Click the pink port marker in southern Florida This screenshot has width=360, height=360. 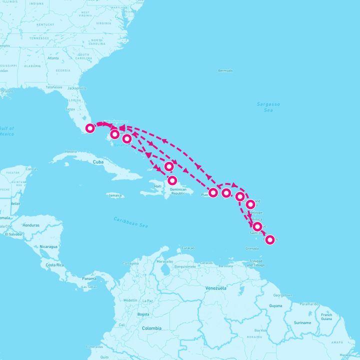[90, 128]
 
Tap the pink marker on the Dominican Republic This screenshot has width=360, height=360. [172, 180]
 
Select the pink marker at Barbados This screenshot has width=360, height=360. [270, 240]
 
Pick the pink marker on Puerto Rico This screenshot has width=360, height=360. [213, 192]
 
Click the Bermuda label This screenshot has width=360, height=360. [225, 70]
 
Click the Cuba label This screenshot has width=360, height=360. [98, 162]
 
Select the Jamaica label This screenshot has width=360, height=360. [115, 195]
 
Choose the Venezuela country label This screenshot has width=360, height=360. [216, 288]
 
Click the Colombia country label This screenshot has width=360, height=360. [151, 328]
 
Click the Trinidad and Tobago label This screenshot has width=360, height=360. [256, 263]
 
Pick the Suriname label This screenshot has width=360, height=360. [302, 322]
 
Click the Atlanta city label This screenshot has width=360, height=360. [52, 58]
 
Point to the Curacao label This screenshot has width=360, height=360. [187, 248]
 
